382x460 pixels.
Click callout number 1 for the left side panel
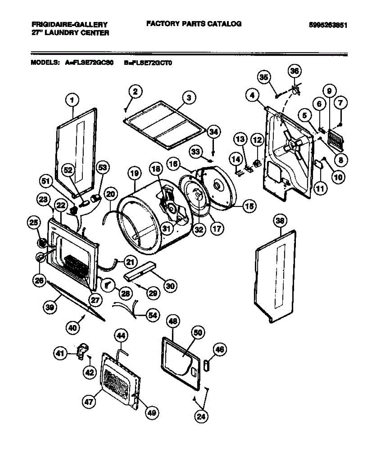pyautogui.click(x=72, y=101)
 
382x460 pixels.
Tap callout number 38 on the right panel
pyautogui.click(x=281, y=220)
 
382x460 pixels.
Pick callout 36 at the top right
pyautogui.click(x=295, y=72)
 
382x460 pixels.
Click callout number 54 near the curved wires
pyautogui.click(x=152, y=315)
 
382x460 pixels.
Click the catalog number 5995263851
pyautogui.click(x=328, y=25)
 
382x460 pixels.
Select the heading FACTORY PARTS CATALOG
pyautogui.click(x=194, y=24)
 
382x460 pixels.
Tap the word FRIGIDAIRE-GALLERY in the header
pyautogui.click(x=69, y=24)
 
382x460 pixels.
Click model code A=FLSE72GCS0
pyautogui.click(x=89, y=62)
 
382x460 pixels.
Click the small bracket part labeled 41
pyautogui.click(x=82, y=351)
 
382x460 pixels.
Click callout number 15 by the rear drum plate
pyautogui.click(x=249, y=206)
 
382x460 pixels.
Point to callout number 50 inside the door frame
pyautogui.click(x=197, y=333)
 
